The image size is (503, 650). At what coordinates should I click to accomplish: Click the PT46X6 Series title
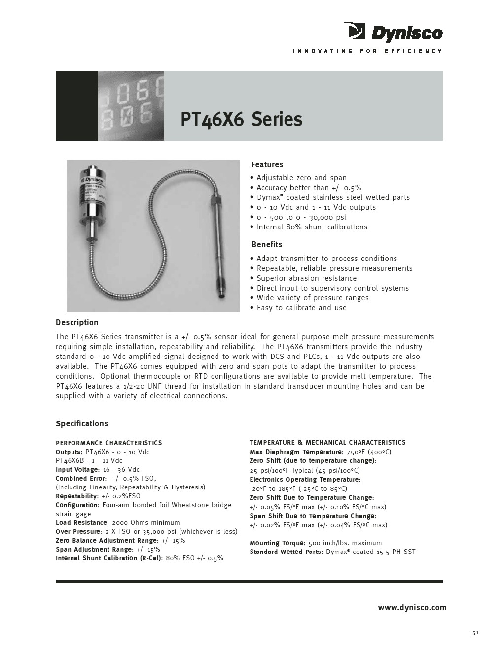click(241, 119)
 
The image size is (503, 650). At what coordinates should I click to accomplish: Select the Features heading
click(267, 164)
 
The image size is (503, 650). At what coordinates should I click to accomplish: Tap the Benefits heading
click(266, 244)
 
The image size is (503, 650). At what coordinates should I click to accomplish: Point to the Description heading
click(77, 322)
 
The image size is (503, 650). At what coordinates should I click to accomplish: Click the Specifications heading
click(81, 423)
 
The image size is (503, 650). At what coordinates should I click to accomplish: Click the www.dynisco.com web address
click(412, 607)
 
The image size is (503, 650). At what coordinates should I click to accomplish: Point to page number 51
click(475, 633)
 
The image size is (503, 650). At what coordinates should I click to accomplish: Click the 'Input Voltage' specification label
click(77, 469)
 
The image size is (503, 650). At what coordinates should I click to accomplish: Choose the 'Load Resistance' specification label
click(81, 522)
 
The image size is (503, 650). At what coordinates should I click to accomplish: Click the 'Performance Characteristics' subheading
click(108, 443)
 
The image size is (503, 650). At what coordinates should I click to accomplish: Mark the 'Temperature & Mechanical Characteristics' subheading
click(327, 442)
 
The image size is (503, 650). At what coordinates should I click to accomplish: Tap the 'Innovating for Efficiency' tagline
click(367, 51)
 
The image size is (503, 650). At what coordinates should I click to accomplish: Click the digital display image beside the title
click(131, 106)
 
